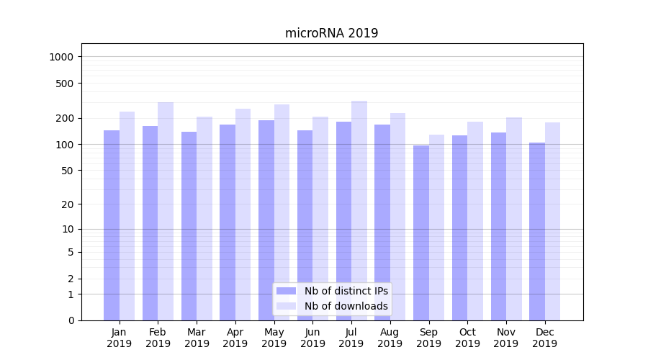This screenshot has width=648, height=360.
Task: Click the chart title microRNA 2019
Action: tap(331, 33)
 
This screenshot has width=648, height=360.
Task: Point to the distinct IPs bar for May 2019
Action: tap(266, 220)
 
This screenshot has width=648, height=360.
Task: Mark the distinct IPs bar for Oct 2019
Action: tap(459, 228)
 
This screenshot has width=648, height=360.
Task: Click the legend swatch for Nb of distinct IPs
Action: tap(287, 291)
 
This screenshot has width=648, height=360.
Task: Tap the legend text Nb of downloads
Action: tap(346, 306)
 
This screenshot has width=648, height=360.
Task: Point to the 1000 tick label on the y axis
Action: tap(62, 57)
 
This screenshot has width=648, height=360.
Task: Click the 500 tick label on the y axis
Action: tap(65, 84)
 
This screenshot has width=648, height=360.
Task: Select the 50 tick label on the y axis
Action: tap(68, 171)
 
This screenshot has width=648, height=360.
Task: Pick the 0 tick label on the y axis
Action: tap(71, 320)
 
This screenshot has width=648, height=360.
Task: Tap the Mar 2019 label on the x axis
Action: tap(197, 338)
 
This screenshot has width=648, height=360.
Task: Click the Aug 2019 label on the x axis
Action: tap(390, 338)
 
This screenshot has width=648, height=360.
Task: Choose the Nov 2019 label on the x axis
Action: tap(506, 338)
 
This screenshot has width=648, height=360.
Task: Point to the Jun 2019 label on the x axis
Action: tap(312, 338)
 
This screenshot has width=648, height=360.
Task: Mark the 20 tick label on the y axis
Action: tap(68, 204)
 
